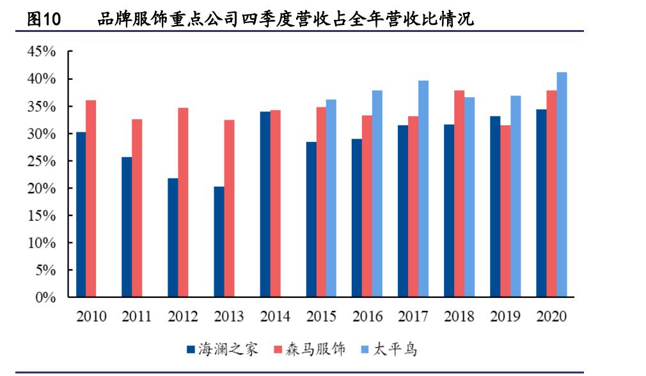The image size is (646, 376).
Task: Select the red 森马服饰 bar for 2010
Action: (x=91, y=198)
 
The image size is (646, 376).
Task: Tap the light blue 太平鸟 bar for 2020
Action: (x=562, y=185)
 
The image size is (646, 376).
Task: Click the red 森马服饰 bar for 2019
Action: (x=505, y=211)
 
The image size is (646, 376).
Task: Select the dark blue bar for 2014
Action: (x=265, y=205)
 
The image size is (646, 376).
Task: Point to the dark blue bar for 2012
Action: (x=173, y=237)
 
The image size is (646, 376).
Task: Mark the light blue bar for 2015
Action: (x=331, y=198)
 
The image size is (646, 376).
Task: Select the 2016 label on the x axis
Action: (x=367, y=317)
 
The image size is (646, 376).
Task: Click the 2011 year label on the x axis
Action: (x=137, y=317)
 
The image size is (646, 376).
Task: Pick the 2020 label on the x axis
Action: (x=551, y=317)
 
